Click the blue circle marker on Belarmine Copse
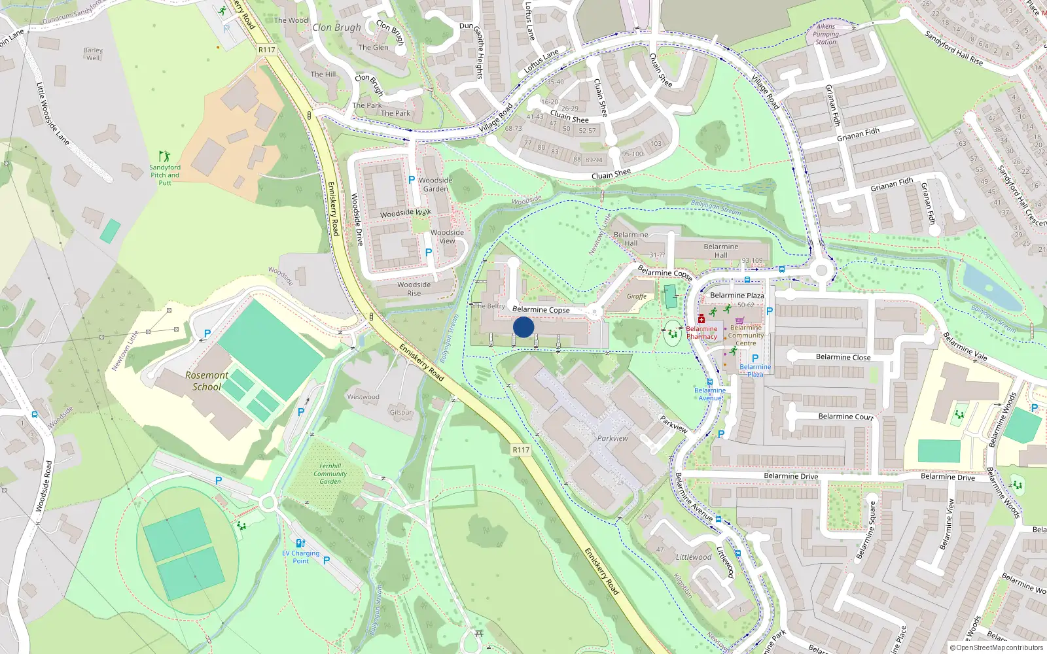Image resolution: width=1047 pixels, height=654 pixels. [523, 327]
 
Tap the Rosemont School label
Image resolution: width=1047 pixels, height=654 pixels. [207, 381]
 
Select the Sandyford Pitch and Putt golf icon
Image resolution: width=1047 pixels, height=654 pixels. [164, 156]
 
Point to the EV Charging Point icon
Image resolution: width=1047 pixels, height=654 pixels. [300, 543]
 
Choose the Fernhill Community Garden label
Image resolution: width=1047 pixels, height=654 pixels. [330, 473]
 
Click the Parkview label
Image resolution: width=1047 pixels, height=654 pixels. [612, 438]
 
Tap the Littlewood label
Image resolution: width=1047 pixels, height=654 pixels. [694, 557]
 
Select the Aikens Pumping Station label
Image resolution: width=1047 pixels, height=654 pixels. [826, 34]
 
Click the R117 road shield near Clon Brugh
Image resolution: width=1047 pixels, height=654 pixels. [267, 50]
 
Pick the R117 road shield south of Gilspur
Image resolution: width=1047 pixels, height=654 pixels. [521, 450]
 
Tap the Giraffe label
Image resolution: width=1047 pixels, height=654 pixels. [637, 296]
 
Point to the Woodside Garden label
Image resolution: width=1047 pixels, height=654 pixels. [435, 184]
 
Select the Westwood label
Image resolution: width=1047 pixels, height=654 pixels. [363, 397]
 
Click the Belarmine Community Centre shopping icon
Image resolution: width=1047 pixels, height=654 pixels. [739, 320]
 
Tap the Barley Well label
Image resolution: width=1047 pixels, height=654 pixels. [93, 54]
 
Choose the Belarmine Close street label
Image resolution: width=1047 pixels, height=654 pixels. [843, 357]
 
